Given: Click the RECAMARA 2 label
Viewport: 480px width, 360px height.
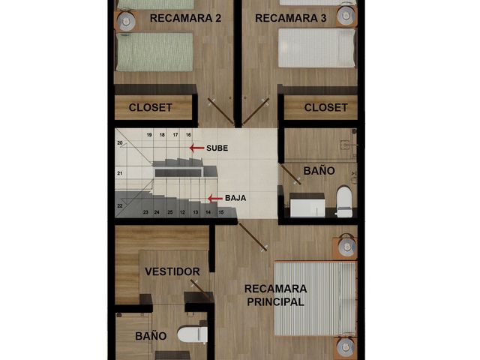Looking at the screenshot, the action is (x=185, y=18).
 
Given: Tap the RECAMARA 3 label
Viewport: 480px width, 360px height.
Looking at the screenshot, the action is (x=291, y=18).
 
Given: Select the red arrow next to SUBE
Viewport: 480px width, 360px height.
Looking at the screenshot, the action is (x=196, y=148).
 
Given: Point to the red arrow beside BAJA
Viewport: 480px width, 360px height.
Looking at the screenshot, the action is (x=215, y=199).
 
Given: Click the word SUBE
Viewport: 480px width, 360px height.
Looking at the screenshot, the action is (x=217, y=148).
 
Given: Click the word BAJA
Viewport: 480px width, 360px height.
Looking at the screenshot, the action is (x=235, y=198).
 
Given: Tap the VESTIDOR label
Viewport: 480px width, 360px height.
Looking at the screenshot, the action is (x=172, y=271).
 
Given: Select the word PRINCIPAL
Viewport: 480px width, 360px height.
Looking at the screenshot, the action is (x=275, y=301).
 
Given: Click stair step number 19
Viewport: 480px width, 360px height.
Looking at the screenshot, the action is (x=149, y=135).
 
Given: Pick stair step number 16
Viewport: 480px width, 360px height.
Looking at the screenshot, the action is (x=188, y=135).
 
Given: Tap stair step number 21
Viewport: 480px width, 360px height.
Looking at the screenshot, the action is (x=120, y=173).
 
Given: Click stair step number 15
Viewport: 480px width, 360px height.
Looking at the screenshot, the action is (x=221, y=212).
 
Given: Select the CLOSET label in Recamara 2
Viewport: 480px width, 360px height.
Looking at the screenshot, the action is (x=150, y=107).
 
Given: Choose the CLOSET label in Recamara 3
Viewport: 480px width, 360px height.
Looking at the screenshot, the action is (x=325, y=107).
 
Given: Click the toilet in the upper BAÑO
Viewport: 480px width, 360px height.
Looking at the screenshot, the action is (x=344, y=202).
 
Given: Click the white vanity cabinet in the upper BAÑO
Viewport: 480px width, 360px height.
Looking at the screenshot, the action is (x=307, y=205).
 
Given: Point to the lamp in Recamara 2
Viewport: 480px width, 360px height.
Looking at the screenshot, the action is (x=127, y=21).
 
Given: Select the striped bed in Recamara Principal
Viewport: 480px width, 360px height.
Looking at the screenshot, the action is (x=315, y=298).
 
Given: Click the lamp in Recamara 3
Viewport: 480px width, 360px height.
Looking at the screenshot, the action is (x=346, y=15).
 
